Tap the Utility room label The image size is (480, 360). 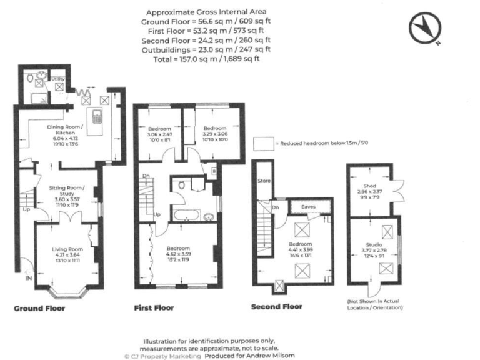click(x=58, y=79)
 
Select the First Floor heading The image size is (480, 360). click(x=154, y=308)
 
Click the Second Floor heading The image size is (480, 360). click(x=276, y=307)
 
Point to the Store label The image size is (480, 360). click(x=263, y=181)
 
